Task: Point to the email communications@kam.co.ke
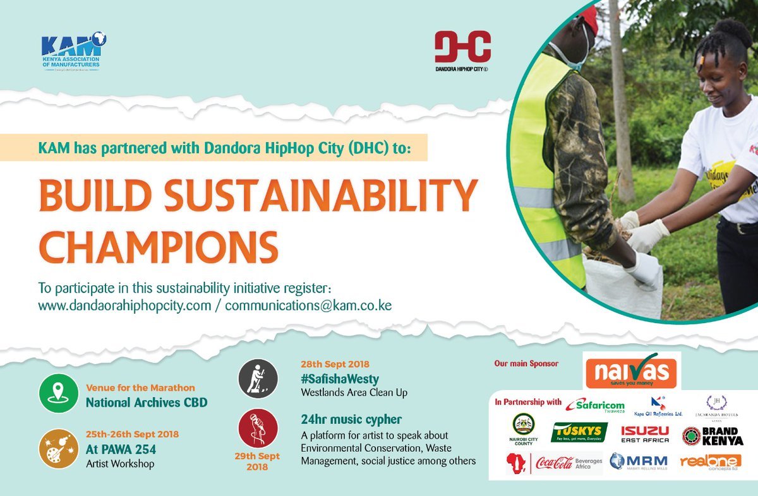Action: [308, 305]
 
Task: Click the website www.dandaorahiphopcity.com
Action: [124, 305]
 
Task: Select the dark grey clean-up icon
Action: [258, 379]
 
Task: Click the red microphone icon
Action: [258, 428]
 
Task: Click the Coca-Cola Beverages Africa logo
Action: [555, 462]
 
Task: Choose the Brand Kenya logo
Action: [713, 435]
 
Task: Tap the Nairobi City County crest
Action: [524, 429]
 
